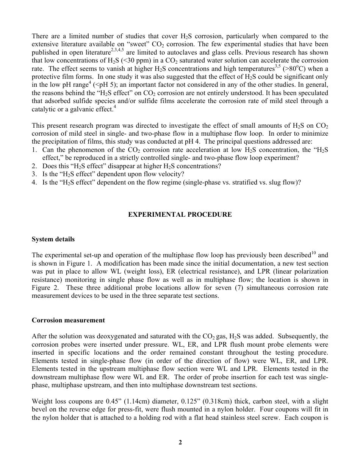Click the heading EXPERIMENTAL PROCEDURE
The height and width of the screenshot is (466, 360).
pos(180,214)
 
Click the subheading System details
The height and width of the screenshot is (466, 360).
pos(53,239)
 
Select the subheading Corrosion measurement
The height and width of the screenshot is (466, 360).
pos(68,320)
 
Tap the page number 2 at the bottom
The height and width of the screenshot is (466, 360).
pos(180,442)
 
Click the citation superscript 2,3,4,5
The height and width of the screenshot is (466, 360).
pos(117,50)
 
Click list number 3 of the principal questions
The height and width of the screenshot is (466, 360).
pos(34,174)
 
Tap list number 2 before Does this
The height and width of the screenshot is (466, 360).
pos(34,166)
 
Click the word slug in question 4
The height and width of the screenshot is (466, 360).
pos(276,182)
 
